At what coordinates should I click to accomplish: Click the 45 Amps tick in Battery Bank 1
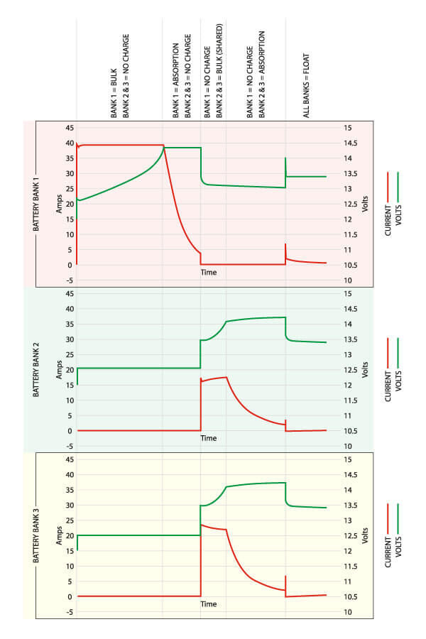69,128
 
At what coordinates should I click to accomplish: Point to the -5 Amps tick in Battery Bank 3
69,611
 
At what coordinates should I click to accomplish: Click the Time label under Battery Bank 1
208,272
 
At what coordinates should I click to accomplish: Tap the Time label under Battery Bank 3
208,604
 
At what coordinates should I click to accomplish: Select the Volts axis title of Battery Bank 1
364,203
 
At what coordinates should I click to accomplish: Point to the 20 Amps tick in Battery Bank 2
70,370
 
